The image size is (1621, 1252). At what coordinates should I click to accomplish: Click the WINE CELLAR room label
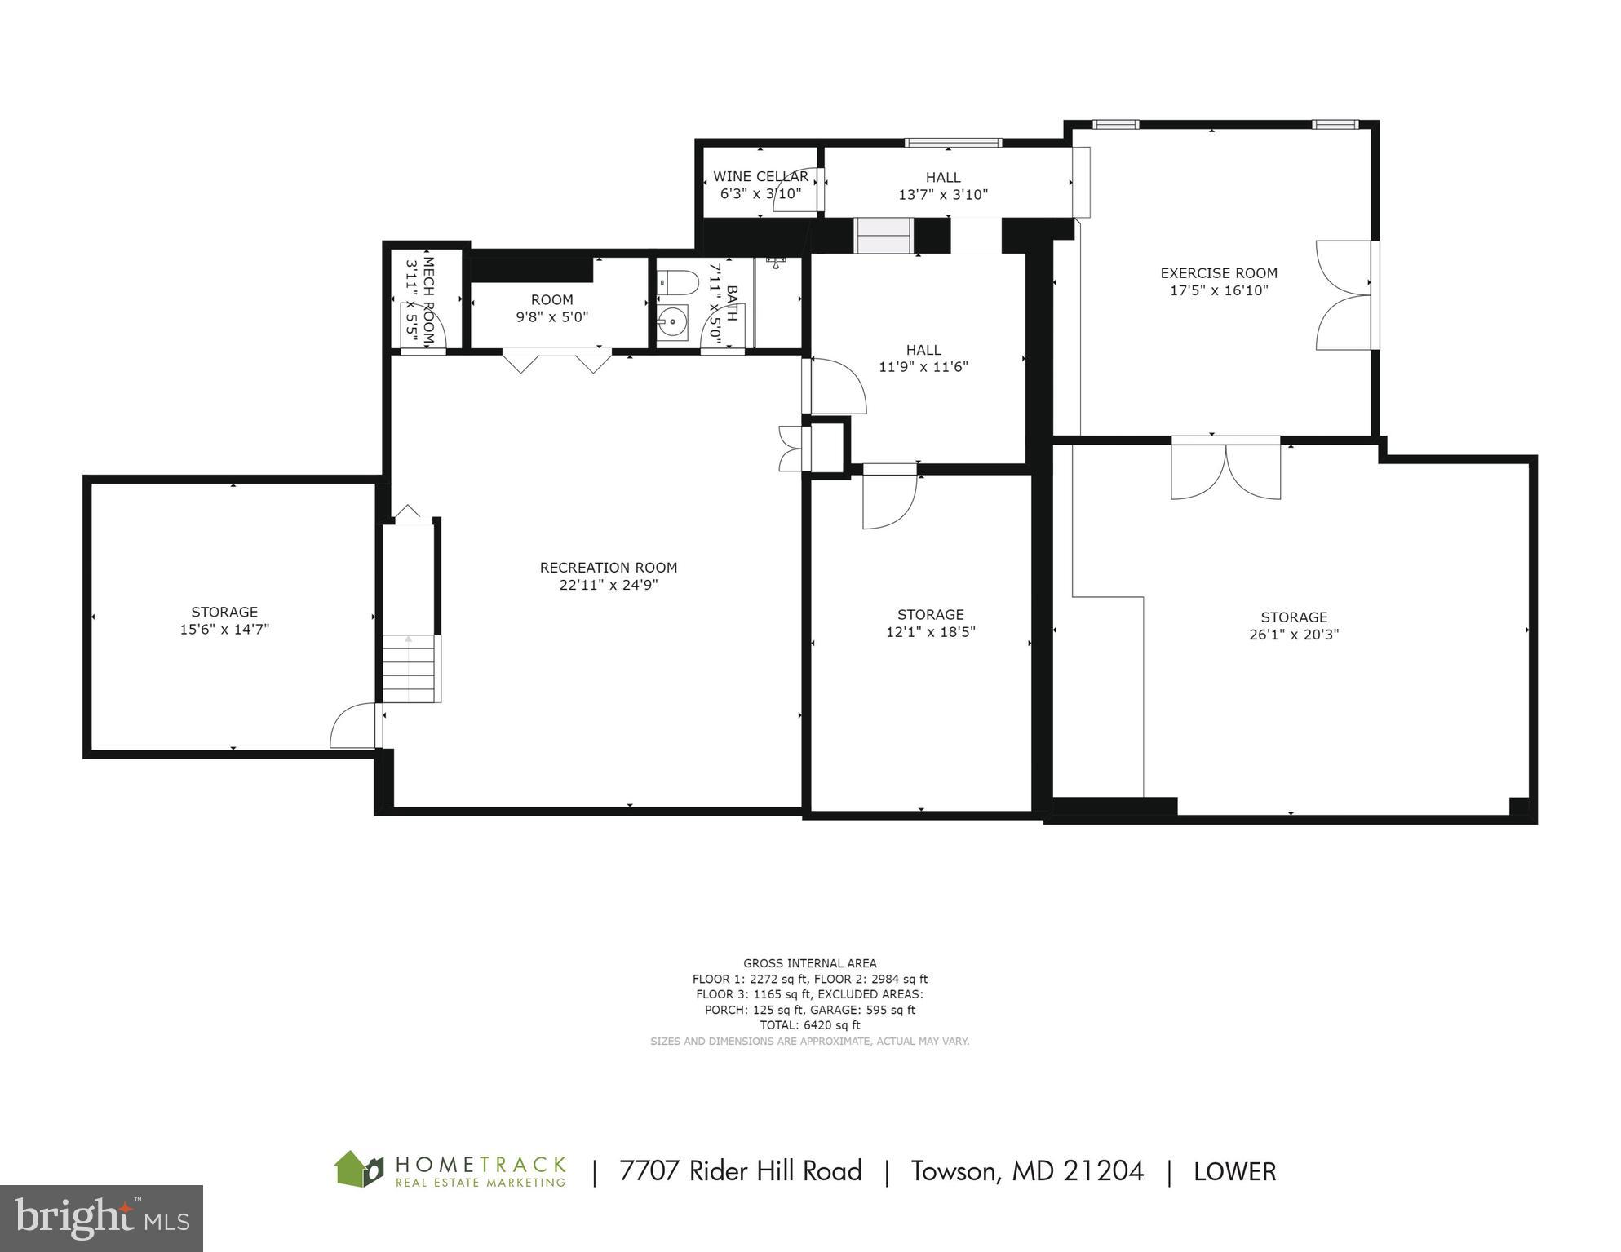pos(760,176)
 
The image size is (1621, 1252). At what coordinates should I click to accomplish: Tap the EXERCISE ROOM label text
pos(1219,273)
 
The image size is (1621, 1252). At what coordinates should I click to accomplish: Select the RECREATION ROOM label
pos(609,568)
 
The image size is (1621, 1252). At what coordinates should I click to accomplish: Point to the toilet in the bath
pos(678,283)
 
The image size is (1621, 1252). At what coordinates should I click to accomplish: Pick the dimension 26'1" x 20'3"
pos(1294,635)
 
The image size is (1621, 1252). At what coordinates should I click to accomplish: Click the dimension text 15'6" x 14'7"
pos(224,630)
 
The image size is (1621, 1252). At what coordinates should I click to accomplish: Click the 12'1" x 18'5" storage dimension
pos(930,632)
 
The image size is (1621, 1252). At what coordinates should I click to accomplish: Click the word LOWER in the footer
pos(1234,1172)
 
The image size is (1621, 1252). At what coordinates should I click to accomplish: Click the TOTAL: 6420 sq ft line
pos(809,1025)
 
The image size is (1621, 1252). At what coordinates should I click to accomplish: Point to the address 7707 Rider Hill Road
pos(740,1171)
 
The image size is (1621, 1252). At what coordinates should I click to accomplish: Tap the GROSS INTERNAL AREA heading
pos(809,963)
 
